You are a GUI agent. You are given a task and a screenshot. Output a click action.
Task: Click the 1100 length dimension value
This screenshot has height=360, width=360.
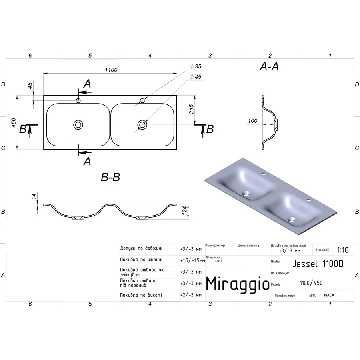pos(111,70)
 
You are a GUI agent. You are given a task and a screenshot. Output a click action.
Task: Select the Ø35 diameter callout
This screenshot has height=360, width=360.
pos(196,67)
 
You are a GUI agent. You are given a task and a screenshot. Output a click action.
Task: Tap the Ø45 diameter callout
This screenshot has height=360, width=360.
pos(196,77)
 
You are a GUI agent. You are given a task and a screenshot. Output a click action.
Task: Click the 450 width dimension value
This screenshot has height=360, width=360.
pos(13,123)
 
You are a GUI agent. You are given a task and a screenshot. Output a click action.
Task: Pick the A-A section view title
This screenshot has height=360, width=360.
pos(269,67)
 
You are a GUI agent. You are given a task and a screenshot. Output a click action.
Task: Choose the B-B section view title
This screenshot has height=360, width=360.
pos(110,177)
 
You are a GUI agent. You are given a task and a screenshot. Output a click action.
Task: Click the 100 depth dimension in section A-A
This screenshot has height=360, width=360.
pos(252,121)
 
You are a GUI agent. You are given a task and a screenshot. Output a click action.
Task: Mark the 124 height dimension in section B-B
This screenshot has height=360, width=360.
pos(185,211)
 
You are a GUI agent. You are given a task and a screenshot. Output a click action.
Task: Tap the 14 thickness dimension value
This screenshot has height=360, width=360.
pos(34,196)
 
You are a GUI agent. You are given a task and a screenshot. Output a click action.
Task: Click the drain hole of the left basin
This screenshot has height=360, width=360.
pos(78,125)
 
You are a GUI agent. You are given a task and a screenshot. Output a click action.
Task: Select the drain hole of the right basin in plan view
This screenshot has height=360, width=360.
pos(142,125)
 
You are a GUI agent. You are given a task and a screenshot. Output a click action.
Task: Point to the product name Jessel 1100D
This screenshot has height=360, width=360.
pos(318,264)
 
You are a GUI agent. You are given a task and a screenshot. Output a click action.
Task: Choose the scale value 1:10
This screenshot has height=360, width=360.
pos(342,250)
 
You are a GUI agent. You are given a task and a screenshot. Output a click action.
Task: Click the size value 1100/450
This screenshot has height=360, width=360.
pos(311,283)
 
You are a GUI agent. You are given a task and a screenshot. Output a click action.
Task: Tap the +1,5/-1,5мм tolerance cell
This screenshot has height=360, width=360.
pos(192,260)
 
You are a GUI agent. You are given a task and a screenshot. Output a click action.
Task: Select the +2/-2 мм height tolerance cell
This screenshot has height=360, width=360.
pos(191,295)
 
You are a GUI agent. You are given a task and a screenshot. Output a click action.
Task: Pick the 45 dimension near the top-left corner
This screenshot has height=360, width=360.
pos(30,86)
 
